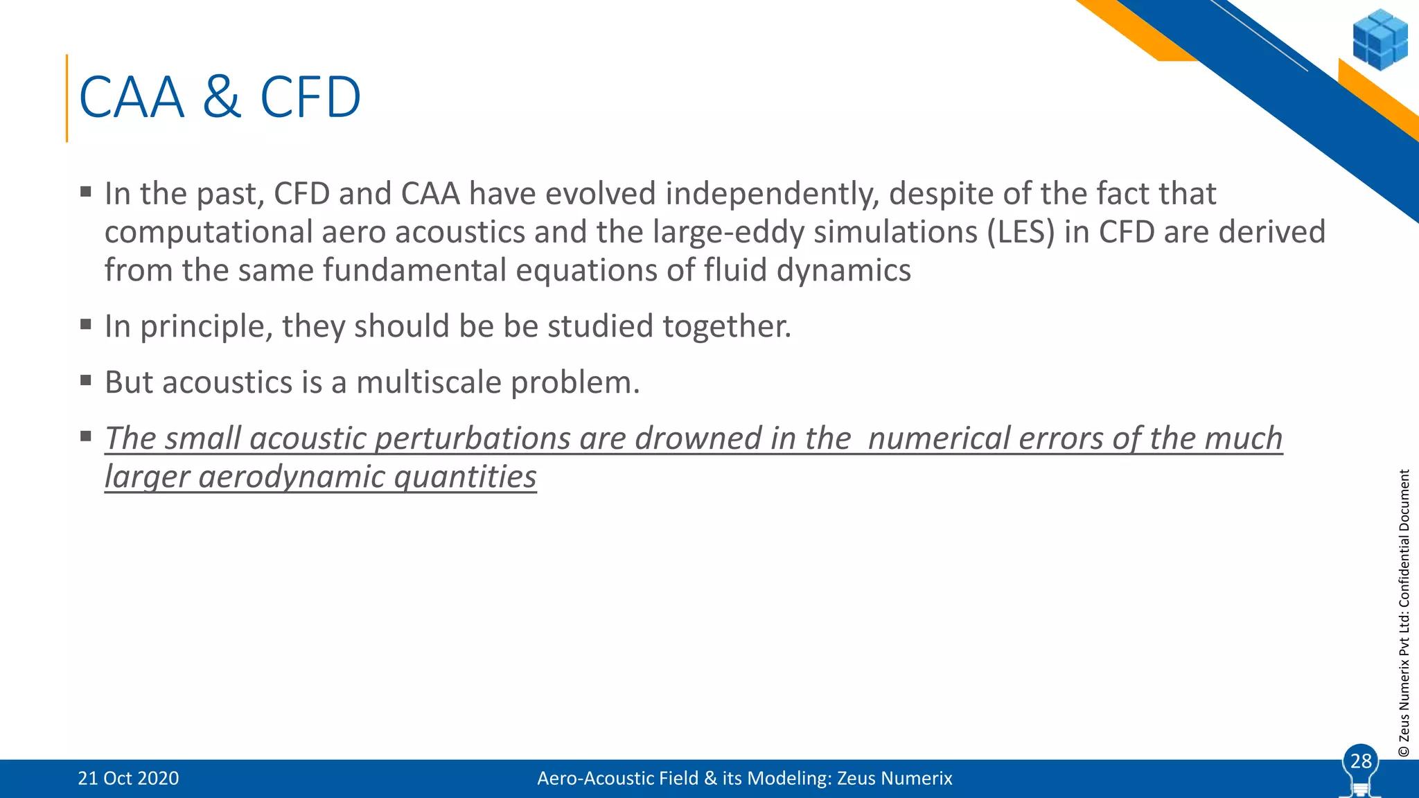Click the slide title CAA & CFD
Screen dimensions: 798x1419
[220, 98]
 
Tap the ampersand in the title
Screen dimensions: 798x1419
[222, 98]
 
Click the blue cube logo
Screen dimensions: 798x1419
[1380, 39]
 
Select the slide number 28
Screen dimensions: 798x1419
[1361, 761]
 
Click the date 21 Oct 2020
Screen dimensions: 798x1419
[128, 779]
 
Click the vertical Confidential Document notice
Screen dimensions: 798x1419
[1404, 612]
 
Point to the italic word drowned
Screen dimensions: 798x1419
[698, 438]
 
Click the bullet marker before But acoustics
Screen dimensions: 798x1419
[86, 380]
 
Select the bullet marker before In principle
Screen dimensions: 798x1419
[86, 323]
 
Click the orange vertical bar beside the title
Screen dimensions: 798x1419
[67, 98]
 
